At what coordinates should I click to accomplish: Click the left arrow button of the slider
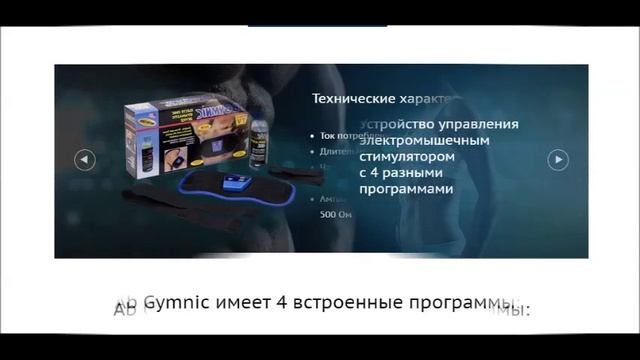(x=85, y=159)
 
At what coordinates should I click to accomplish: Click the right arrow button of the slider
(x=558, y=159)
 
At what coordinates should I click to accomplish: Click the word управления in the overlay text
(x=482, y=124)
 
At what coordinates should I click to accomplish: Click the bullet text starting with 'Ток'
(x=336, y=134)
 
